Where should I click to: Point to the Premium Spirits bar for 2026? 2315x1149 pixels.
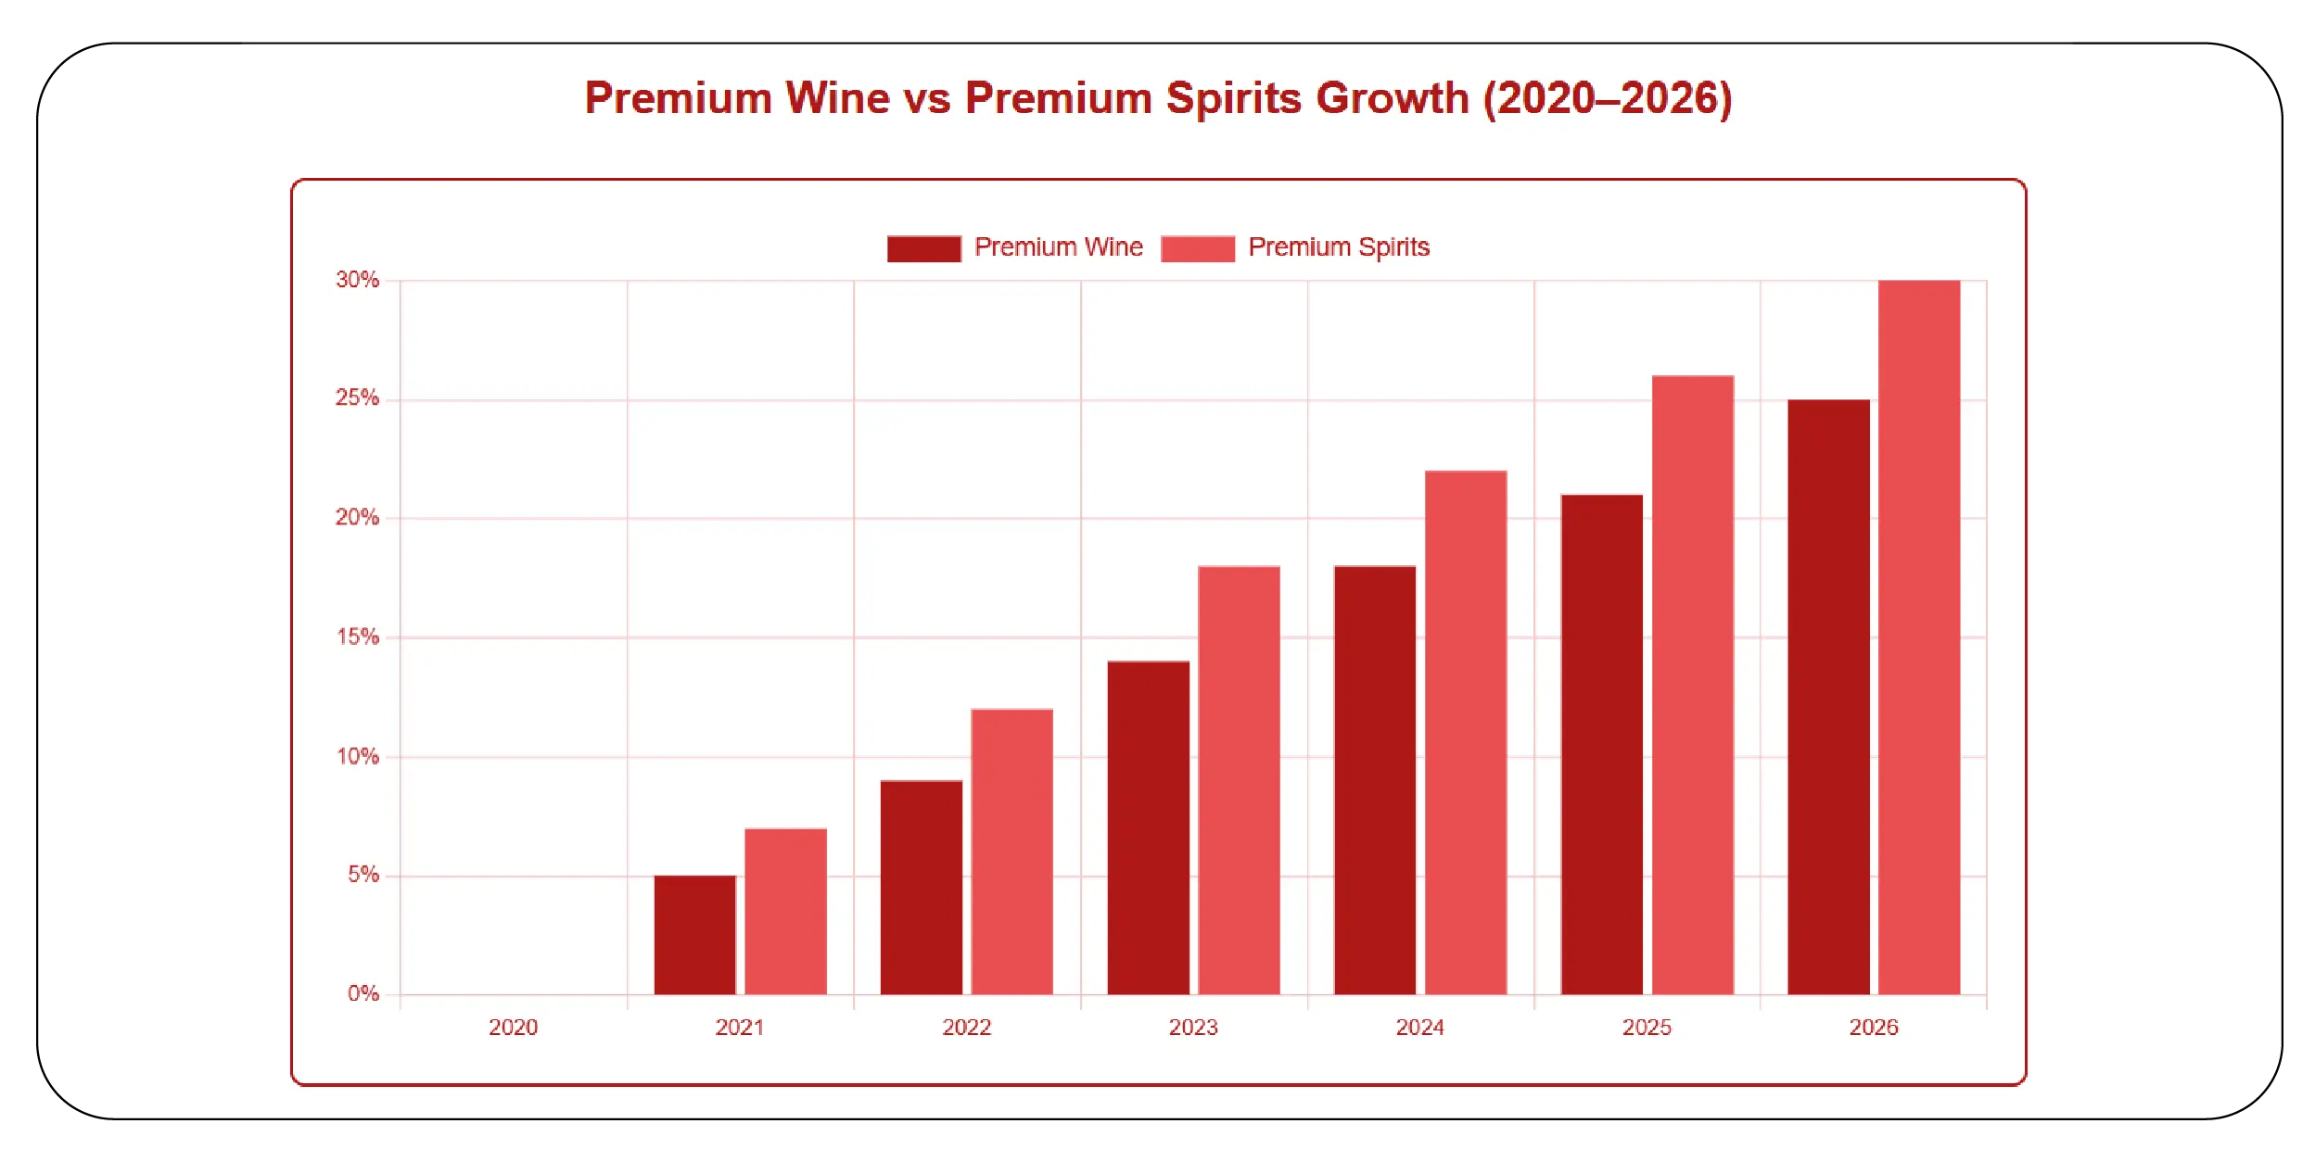tap(1919, 637)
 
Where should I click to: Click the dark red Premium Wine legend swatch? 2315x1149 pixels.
tap(923, 248)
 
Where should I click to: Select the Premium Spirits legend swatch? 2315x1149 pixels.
tap(1197, 248)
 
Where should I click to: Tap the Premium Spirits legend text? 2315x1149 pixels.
tap(1339, 247)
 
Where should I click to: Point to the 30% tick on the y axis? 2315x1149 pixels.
tap(358, 280)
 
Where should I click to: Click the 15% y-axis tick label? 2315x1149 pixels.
tap(358, 638)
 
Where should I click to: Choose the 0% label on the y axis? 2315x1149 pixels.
tap(363, 994)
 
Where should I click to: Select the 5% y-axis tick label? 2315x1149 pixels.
tap(363, 875)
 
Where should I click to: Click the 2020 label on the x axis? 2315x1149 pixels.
tap(513, 1028)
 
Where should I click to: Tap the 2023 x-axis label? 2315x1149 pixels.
tap(1193, 1028)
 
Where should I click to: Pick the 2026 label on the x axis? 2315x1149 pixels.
tap(1874, 1028)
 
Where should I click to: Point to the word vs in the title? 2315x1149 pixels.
tap(927, 98)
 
